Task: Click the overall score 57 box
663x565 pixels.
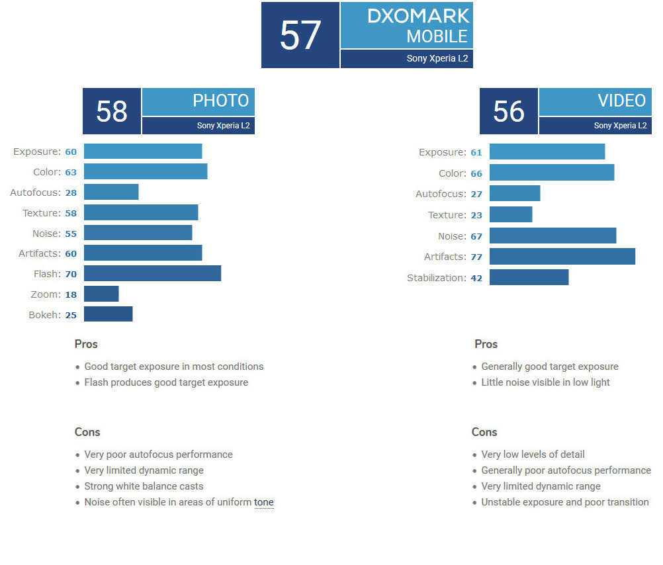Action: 300,35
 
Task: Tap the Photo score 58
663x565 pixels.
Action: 111,111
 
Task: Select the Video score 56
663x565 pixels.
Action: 508,111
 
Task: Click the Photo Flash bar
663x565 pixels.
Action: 152,273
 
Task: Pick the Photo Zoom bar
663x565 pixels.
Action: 101,294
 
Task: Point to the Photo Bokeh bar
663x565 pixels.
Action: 108,314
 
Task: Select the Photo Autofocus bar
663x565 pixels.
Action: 111,192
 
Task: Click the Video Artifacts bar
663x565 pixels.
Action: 562,257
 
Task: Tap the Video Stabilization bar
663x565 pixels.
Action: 529,277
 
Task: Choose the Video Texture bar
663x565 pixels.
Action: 511,214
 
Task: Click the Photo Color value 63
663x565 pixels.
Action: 71,173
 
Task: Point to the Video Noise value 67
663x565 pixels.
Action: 476,236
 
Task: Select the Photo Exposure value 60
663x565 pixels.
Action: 71,152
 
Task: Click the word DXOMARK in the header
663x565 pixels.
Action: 418,17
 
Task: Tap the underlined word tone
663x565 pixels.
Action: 264,502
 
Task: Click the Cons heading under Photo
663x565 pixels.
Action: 87,432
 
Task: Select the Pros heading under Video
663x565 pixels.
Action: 486,344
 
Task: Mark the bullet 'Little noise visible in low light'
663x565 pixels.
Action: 545,382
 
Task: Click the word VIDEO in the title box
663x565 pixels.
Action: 621,101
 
